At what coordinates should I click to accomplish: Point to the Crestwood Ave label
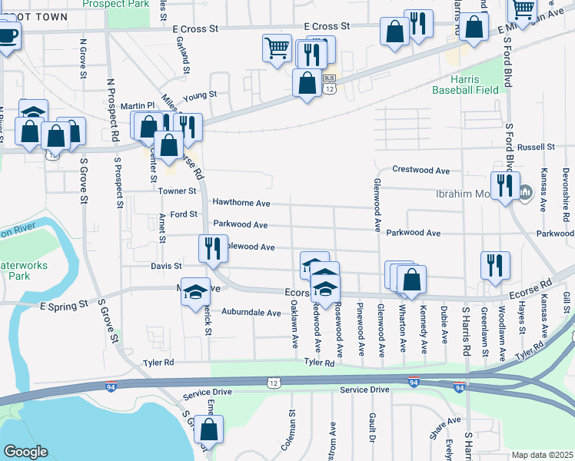coord(420,169)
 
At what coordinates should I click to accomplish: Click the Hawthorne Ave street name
coord(241,204)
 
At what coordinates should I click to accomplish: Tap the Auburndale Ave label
coord(251,313)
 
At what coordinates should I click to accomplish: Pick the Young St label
coord(201,95)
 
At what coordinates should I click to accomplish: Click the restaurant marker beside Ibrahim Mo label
coord(504,186)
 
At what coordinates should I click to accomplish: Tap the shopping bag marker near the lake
coord(208,429)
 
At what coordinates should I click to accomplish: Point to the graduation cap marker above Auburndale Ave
coord(195,291)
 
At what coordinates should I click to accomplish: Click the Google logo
coord(25,452)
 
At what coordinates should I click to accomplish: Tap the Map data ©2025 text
coord(542,455)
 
